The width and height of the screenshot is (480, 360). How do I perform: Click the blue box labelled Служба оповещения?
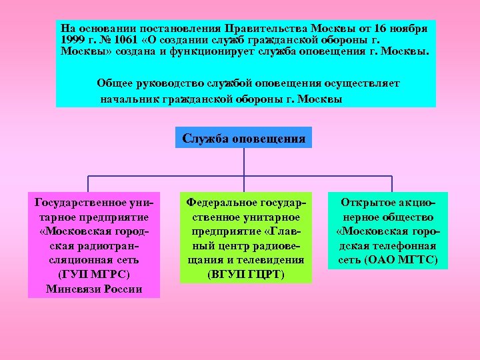click(x=244, y=139)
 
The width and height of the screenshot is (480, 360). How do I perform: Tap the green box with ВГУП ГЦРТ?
click(x=245, y=237)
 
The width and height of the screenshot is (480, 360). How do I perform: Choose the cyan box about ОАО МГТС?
click(x=387, y=231)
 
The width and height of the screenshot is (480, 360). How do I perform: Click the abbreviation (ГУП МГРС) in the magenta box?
click(x=94, y=274)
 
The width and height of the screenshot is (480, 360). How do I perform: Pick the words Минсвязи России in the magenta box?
click(x=94, y=289)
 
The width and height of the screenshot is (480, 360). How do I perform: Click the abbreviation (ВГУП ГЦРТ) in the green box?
click(x=245, y=274)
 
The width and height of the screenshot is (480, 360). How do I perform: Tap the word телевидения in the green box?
click(x=273, y=259)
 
